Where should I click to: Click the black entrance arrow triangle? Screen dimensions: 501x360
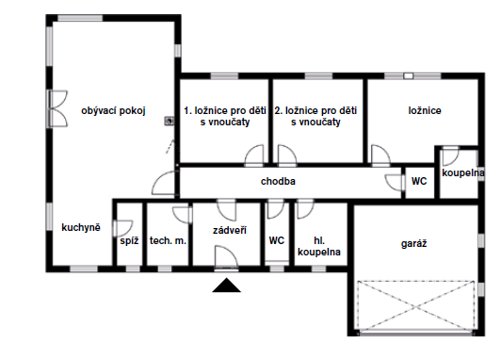(x=227, y=286)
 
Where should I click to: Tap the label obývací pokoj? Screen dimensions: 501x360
(x=113, y=111)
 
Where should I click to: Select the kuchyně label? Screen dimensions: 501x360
(x=81, y=227)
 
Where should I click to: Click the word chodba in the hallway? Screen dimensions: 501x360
(x=278, y=181)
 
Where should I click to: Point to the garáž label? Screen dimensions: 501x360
(x=413, y=244)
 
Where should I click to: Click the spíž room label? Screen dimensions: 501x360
(x=129, y=240)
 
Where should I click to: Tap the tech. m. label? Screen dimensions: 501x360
(x=168, y=240)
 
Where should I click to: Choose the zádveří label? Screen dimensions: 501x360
(x=230, y=230)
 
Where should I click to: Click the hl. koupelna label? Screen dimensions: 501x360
(x=319, y=246)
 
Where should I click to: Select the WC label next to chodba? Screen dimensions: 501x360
(x=419, y=181)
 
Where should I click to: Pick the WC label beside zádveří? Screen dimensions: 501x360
(x=277, y=240)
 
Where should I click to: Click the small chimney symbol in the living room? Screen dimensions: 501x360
(x=170, y=121)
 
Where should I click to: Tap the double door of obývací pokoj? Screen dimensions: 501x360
(x=57, y=108)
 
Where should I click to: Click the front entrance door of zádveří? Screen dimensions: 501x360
(x=226, y=257)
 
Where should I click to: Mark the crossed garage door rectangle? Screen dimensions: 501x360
(x=415, y=307)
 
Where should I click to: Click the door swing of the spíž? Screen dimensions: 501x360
(x=123, y=228)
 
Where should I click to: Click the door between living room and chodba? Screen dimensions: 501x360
(x=164, y=183)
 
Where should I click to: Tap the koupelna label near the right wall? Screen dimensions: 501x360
(x=462, y=173)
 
